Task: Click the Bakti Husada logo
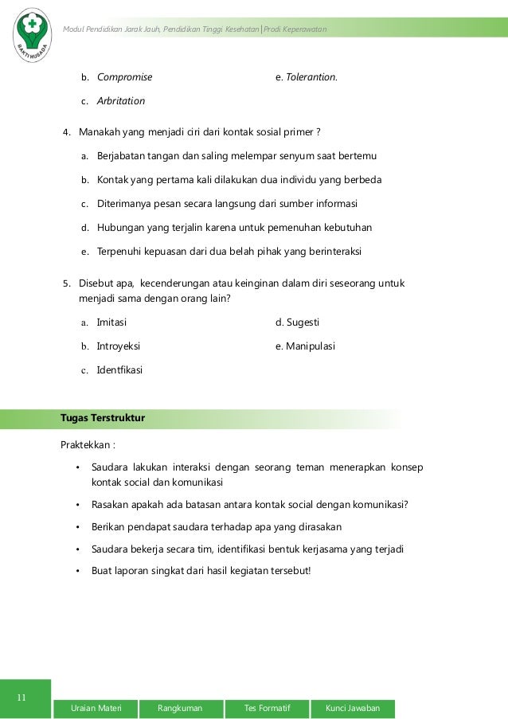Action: (x=33, y=34)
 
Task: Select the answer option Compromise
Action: (x=124, y=78)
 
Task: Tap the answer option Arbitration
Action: (x=121, y=101)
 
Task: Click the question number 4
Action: (x=67, y=132)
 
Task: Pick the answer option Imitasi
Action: (x=111, y=322)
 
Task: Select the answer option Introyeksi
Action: (x=119, y=346)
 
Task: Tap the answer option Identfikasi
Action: (x=119, y=370)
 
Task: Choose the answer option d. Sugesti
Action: (x=297, y=322)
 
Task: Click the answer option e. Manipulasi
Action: (x=305, y=346)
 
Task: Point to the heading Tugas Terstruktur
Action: (x=102, y=418)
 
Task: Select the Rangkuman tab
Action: (x=180, y=709)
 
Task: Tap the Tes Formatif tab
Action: (x=268, y=709)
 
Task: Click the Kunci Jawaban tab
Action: (x=353, y=709)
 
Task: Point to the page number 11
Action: (x=22, y=698)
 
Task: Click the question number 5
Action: (x=67, y=283)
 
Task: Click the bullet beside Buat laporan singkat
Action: (x=77, y=571)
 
